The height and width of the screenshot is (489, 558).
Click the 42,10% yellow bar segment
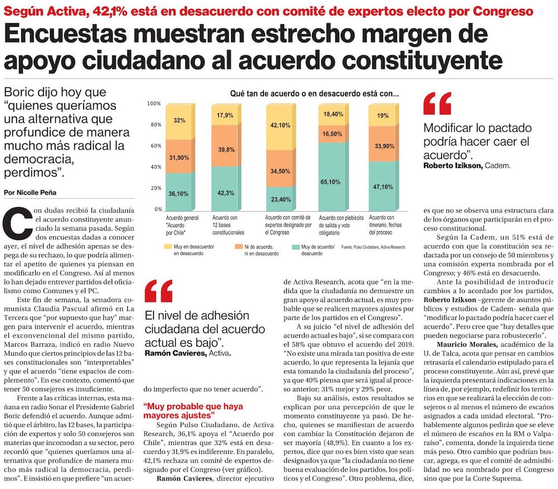(281, 127)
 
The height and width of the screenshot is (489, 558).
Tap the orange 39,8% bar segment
(226, 146)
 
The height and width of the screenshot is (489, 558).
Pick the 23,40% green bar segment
(281, 199)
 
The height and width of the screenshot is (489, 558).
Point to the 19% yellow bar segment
(383, 116)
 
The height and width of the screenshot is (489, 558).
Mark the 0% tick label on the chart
(158, 209)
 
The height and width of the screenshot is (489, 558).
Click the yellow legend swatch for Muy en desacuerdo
(167, 247)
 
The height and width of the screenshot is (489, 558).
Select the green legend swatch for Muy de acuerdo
(295, 247)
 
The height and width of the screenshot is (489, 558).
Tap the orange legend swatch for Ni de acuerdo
(238, 247)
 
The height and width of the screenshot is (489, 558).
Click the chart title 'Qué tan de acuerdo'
(314, 94)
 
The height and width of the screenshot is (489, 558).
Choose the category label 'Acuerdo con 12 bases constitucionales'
(228, 225)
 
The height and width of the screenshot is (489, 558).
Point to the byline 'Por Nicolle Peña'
(30, 193)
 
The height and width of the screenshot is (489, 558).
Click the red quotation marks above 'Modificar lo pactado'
(437, 103)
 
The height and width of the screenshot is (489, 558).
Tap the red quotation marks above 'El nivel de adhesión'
(158, 291)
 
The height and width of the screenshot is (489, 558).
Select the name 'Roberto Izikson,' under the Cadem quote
(453, 165)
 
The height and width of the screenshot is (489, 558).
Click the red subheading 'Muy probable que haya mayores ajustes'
(193, 411)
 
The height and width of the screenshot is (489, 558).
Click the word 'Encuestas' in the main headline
(65, 33)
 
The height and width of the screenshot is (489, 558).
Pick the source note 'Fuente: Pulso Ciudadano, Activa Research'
(373, 247)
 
